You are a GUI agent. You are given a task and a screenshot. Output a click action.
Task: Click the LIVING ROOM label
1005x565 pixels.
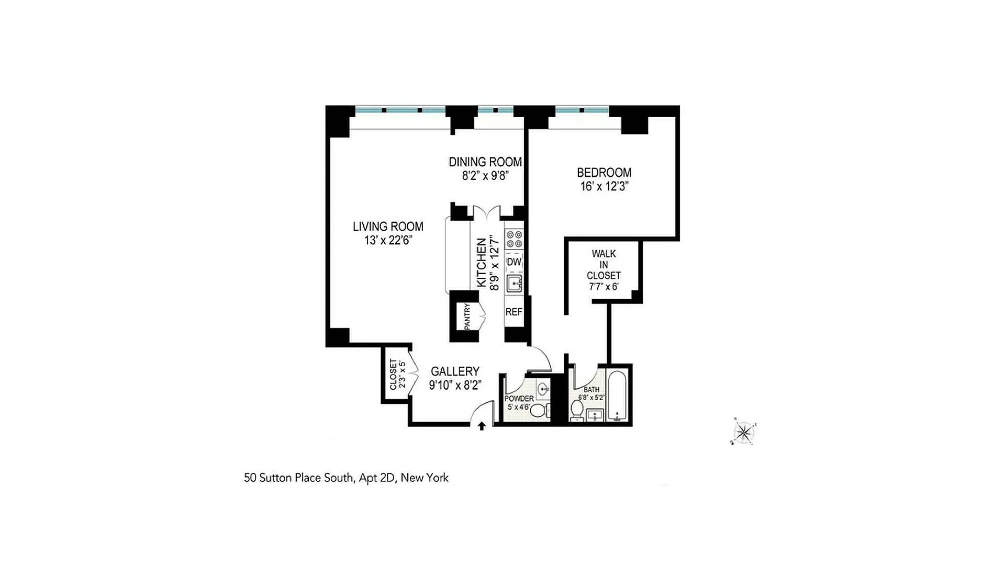388,227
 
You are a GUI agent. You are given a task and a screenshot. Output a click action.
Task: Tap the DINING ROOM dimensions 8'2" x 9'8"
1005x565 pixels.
485,176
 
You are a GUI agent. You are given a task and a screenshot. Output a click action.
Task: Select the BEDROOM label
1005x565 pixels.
604,172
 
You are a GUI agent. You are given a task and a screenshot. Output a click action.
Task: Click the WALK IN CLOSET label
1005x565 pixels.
604,265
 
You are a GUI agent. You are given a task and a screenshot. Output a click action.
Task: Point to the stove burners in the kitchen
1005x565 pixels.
514,239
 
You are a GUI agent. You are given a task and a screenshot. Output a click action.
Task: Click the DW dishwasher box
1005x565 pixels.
514,262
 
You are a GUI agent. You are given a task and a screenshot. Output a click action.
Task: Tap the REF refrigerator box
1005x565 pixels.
513,312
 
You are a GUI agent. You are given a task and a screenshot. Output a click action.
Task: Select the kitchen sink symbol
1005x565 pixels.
514,284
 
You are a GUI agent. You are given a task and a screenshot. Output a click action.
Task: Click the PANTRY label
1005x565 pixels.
467,317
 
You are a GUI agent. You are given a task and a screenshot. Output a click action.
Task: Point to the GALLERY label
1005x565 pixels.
455,371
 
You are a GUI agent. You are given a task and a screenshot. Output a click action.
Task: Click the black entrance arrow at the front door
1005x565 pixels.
482,426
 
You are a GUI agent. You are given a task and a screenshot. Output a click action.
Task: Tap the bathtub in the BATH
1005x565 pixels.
618,396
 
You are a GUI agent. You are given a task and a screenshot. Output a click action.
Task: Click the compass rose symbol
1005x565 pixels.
743,432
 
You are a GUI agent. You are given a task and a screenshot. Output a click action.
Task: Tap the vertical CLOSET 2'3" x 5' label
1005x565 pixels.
397,374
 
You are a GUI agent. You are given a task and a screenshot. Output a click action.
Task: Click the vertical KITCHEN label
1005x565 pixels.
481,263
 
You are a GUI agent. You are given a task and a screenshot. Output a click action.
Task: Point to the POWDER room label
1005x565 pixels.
519,399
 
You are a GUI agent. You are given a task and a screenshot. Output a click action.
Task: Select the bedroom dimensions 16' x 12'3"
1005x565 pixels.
604,186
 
